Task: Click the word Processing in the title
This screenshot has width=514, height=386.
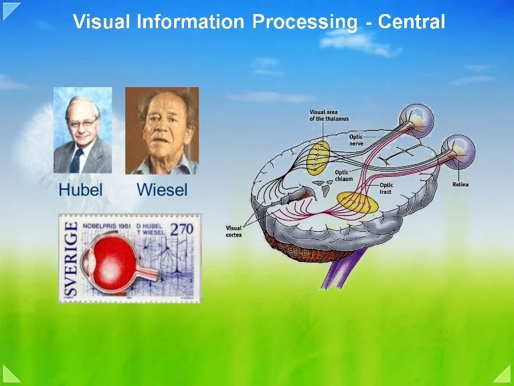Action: point(305,22)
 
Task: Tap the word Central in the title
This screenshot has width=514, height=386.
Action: point(411,22)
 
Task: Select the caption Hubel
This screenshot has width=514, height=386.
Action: point(80,190)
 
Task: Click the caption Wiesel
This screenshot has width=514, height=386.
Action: point(162,190)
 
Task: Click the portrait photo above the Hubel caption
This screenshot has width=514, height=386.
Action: point(83,131)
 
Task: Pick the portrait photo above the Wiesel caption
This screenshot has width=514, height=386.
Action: point(162,131)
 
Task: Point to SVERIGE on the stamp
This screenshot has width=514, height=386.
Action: point(70,259)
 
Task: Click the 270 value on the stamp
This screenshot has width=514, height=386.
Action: point(181,229)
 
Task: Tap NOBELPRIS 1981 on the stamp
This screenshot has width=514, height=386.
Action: point(106,226)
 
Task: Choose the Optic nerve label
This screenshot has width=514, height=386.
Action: point(356,140)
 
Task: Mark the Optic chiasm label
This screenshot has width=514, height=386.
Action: point(344,175)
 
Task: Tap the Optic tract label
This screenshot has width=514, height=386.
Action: point(387,188)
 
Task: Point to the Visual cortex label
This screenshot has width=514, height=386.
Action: point(234,232)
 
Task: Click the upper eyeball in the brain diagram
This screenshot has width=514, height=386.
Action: point(416,121)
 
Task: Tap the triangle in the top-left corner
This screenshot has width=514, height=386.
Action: point(9,9)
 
